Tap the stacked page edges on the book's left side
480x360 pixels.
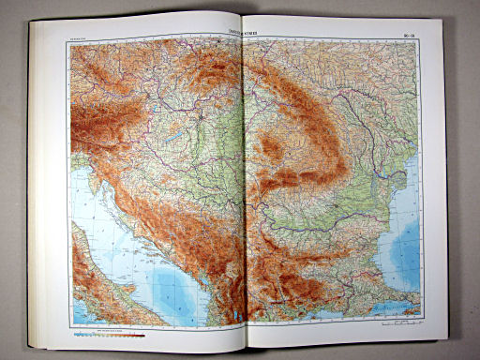pos(35,187)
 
